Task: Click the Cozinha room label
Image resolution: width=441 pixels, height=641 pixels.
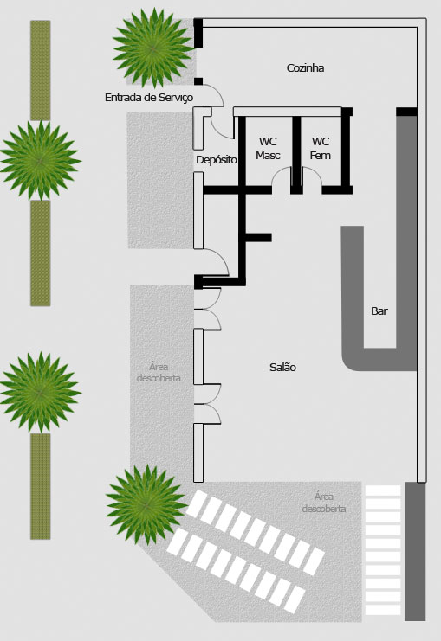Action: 305,67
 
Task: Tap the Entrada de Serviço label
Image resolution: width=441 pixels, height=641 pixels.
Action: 149,98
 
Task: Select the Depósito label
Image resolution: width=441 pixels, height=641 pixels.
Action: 217,160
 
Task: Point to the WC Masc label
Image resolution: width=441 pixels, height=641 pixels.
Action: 268,149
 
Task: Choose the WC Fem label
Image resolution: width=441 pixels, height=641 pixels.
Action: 321,149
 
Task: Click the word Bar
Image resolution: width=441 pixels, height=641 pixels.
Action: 379,311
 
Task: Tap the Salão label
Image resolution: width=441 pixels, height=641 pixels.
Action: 282,367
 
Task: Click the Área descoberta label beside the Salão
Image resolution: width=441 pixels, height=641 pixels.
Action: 159,373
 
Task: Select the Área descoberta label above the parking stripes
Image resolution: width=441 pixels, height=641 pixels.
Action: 324,503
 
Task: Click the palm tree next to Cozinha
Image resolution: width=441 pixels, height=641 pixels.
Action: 153,48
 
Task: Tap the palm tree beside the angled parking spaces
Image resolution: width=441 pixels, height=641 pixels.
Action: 146,505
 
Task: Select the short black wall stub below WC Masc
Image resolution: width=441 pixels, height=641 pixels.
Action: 258,238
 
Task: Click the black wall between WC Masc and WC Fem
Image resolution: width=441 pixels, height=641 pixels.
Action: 296,155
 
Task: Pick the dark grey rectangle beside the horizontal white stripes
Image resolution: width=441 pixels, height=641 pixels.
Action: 415,552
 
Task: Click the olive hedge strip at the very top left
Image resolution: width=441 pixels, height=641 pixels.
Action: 40,70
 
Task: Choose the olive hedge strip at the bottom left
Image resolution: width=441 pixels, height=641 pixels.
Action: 40,486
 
